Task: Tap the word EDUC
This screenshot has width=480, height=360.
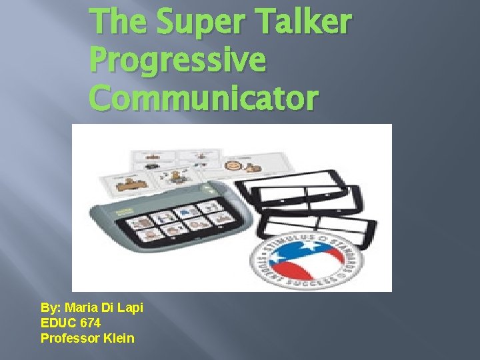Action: point(58,323)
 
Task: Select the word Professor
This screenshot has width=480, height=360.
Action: point(70,338)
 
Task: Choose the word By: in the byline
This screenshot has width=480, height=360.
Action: point(50,309)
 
